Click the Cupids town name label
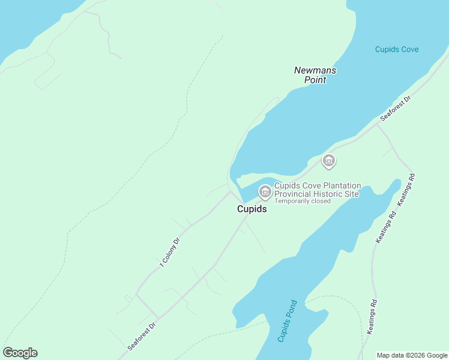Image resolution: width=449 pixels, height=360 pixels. tap(252, 209)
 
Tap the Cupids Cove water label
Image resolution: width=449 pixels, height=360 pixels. tap(397, 49)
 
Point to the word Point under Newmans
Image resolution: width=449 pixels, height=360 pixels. tap(315, 79)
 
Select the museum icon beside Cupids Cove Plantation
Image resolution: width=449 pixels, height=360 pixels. tap(264, 191)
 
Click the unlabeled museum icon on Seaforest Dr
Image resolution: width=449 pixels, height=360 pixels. tap(328, 161)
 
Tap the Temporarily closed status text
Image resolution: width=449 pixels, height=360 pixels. tap(303, 201)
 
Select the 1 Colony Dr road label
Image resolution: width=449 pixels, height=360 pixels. tap(170, 252)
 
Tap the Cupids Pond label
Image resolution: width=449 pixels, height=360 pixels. tap(287, 320)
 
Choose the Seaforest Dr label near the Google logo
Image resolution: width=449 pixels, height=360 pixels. tap(142, 336)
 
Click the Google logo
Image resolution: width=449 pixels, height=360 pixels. tap(20, 353)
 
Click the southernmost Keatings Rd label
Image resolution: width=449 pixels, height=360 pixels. tap(370, 316)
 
